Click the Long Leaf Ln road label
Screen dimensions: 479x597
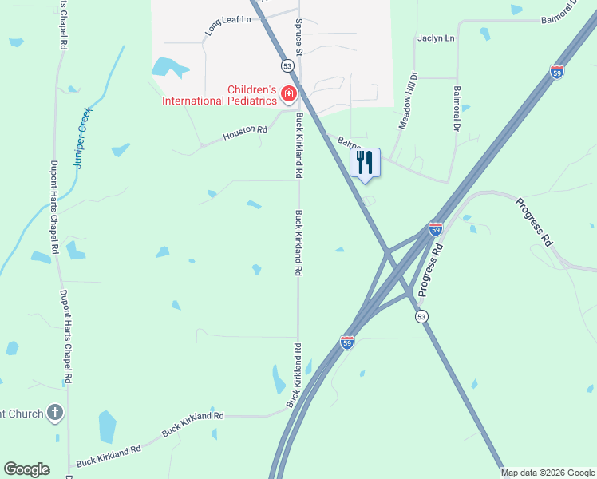coord(228,25)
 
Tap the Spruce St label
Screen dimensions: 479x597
coord(299,38)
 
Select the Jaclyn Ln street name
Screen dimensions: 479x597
coord(436,38)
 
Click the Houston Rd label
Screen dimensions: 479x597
coord(245,132)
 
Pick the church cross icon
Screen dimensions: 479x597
coord(54,413)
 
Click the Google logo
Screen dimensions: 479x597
coord(26,469)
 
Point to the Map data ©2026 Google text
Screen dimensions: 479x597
coord(548,473)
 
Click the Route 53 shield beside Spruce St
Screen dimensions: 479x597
coord(286,65)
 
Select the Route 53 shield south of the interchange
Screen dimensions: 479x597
coord(421,317)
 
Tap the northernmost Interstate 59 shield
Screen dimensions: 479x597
coord(557,72)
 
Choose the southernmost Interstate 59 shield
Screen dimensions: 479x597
coord(346,342)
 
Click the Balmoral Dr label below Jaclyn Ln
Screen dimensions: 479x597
coord(457,109)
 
